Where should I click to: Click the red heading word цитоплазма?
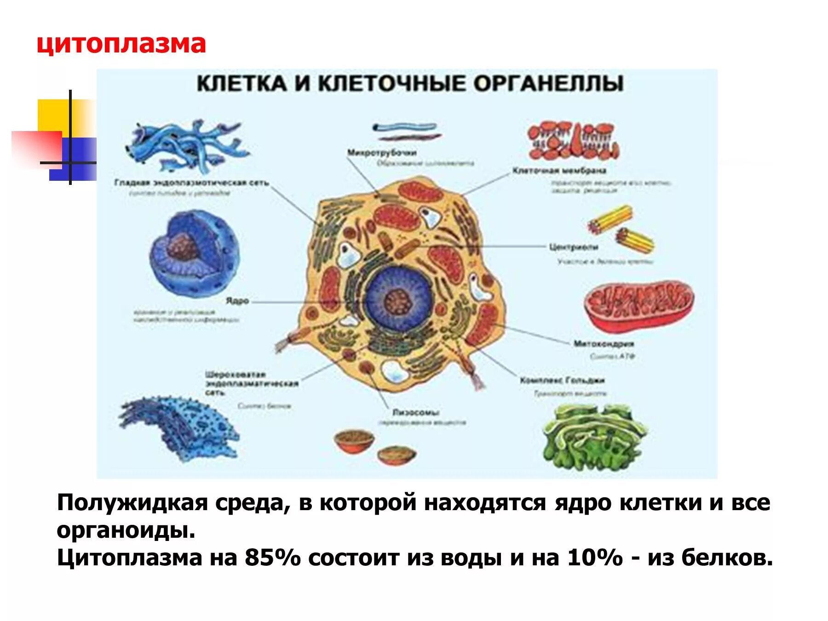tap(121, 45)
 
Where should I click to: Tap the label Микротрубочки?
tap(382, 153)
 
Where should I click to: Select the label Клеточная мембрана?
tap(559, 171)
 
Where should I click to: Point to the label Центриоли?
tap(574, 247)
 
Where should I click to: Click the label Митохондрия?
tap(604, 344)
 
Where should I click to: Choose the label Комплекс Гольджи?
tap(562, 380)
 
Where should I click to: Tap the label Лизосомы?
tap(416, 413)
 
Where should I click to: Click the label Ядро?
tap(237, 301)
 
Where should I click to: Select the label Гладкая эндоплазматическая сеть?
tap(191, 183)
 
